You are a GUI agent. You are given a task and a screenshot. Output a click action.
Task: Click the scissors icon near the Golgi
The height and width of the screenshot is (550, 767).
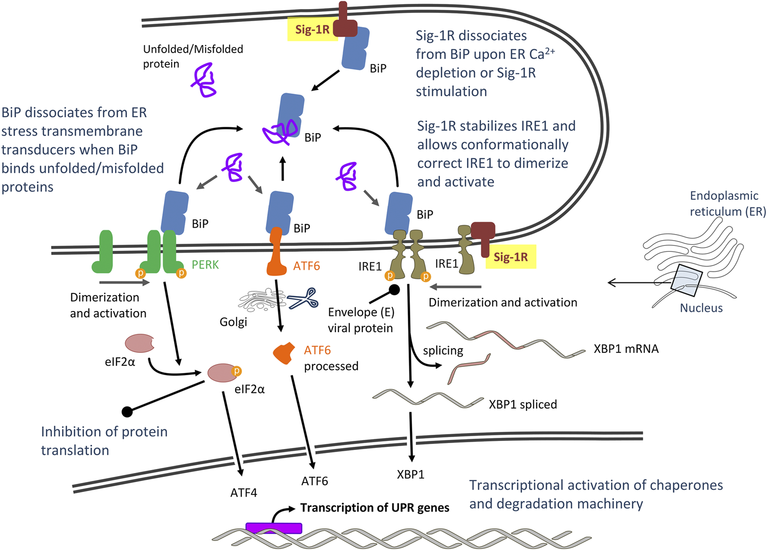[x=304, y=299]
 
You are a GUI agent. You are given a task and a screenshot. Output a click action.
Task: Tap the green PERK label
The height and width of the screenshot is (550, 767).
[x=205, y=264]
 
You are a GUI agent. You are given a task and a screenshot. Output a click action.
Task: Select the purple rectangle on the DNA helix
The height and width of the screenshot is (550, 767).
[x=274, y=528]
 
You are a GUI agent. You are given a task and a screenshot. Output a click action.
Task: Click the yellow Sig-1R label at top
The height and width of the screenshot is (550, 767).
[x=313, y=29]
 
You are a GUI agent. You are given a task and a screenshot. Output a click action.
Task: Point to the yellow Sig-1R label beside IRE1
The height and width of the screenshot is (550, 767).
[x=511, y=257]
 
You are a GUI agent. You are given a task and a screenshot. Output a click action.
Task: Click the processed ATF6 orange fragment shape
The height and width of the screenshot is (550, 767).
[x=284, y=353]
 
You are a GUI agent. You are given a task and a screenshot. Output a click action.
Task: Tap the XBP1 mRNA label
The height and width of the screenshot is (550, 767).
[x=626, y=349]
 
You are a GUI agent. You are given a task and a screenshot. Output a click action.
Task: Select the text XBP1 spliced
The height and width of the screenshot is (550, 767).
[x=522, y=405]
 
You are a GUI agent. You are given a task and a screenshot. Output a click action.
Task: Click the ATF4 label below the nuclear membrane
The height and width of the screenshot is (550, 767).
[x=244, y=493]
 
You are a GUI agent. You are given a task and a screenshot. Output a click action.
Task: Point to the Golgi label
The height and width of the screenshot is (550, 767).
[x=233, y=322]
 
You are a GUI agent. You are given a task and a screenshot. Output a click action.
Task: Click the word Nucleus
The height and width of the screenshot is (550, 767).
[x=701, y=308]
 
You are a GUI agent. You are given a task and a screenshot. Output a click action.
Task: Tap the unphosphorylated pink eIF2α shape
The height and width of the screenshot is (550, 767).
[x=139, y=343]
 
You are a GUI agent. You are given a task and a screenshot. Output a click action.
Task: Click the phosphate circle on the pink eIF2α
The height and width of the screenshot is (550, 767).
[x=237, y=371]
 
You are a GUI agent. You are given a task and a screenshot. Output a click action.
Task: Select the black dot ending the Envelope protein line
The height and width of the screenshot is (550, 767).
[x=394, y=289]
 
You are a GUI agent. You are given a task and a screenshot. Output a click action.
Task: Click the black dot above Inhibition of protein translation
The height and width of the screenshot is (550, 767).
[x=127, y=412]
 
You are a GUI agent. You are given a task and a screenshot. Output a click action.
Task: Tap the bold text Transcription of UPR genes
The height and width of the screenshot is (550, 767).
[x=374, y=508]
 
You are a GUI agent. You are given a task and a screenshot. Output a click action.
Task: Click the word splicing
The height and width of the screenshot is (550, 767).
[x=443, y=351]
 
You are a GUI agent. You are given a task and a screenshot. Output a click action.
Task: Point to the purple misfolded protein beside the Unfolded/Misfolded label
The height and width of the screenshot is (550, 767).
[x=203, y=80]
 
